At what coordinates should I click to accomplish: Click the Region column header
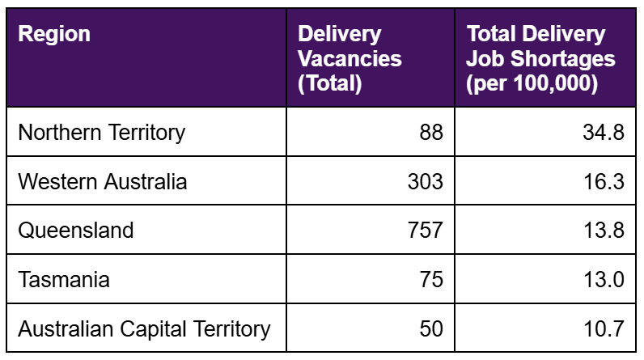54,35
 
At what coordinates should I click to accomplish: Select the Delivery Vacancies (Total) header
350,58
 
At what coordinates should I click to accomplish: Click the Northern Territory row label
101,132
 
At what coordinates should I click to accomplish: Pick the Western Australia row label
102,181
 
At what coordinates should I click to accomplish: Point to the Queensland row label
75,230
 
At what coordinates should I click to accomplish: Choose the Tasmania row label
64,279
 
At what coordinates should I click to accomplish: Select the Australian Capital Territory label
144,328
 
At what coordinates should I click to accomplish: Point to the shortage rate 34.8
604,132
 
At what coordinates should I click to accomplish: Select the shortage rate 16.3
604,181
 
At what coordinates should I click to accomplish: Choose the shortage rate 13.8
604,230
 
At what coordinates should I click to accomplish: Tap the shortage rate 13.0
604,279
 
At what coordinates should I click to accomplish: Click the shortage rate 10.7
604,328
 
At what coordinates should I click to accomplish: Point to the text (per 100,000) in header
532,83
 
